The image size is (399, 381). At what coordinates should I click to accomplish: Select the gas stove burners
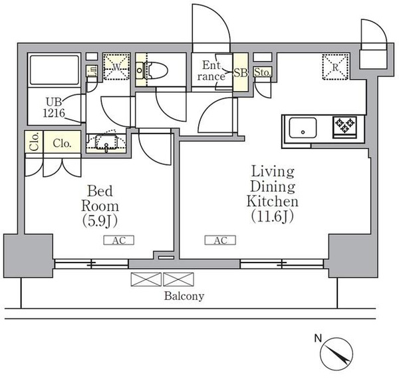click(x=345, y=125)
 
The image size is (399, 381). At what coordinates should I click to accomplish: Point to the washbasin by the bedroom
click(x=106, y=142)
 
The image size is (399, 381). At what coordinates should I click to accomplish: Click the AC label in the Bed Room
click(x=119, y=241)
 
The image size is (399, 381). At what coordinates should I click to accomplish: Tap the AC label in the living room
click(x=220, y=240)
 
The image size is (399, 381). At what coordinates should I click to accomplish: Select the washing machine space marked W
click(x=116, y=66)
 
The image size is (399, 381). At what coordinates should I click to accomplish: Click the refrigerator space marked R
click(x=335, y=67)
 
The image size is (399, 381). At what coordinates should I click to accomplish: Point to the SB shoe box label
click(x=241, y=73)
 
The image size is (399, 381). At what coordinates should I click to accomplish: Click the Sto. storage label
click(x=263, y=72)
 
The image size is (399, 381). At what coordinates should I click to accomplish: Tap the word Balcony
click(x=184, y=296)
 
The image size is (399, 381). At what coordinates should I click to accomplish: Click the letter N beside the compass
click(x=318, y=338)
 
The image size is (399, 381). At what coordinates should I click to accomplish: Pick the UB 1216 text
click(x=54, y=108)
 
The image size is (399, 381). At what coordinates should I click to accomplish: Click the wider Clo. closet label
click(x=62, y=144)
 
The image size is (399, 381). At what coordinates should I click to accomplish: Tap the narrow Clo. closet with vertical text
click(x=34, y=141)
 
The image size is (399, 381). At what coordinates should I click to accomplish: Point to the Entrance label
click(x=211, y=70)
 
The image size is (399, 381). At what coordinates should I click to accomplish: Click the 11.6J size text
click(x=273, y=217)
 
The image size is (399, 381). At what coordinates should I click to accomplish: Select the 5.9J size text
click(x=100, y=221)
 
